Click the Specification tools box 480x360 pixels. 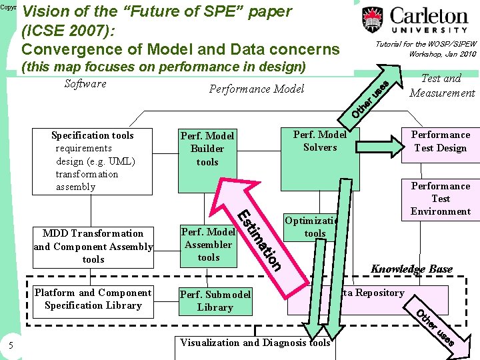pos(93,161)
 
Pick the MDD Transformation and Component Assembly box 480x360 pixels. pos(93,246)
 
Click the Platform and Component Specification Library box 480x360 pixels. pos(93,299)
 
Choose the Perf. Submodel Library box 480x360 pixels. pos(215,301)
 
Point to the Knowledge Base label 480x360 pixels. pos(411,269)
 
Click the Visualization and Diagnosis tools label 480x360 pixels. pos(255,343)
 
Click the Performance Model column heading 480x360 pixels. pos(257,89)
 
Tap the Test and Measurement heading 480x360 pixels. pos(442,86)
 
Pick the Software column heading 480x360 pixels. pos(85,83)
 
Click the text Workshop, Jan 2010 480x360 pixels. pos(443,54)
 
